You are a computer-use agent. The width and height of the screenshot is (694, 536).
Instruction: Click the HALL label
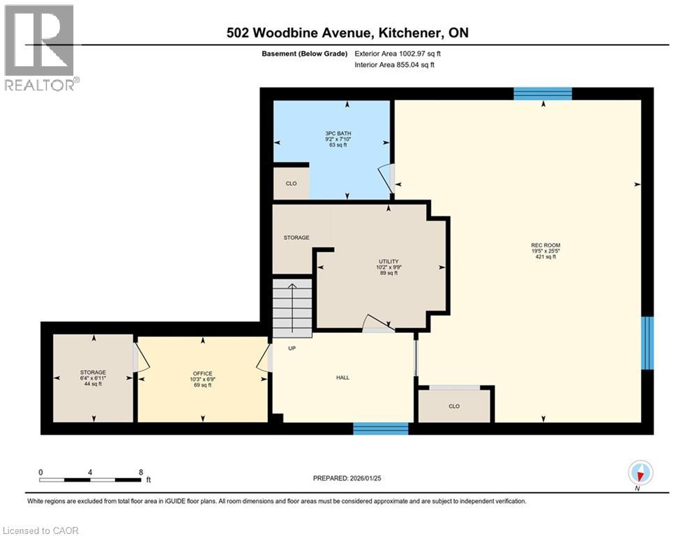point(342,378)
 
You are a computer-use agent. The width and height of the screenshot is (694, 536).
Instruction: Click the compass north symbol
point(640,473)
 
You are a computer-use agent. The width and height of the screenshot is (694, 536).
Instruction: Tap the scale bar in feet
point(91,479)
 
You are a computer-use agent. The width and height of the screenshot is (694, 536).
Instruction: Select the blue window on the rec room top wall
point(543,94)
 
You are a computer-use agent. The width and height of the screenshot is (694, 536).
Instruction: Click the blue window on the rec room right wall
point(647,342)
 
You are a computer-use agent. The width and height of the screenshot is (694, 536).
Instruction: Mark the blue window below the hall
point(380,429)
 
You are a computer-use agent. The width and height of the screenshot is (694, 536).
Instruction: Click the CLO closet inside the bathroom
point(291,184)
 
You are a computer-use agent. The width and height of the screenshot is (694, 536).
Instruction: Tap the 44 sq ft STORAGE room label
point(93,378)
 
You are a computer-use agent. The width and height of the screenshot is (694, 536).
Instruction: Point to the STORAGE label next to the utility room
point(296,238)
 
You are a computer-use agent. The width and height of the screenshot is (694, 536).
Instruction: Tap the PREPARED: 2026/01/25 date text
point(349,478)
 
